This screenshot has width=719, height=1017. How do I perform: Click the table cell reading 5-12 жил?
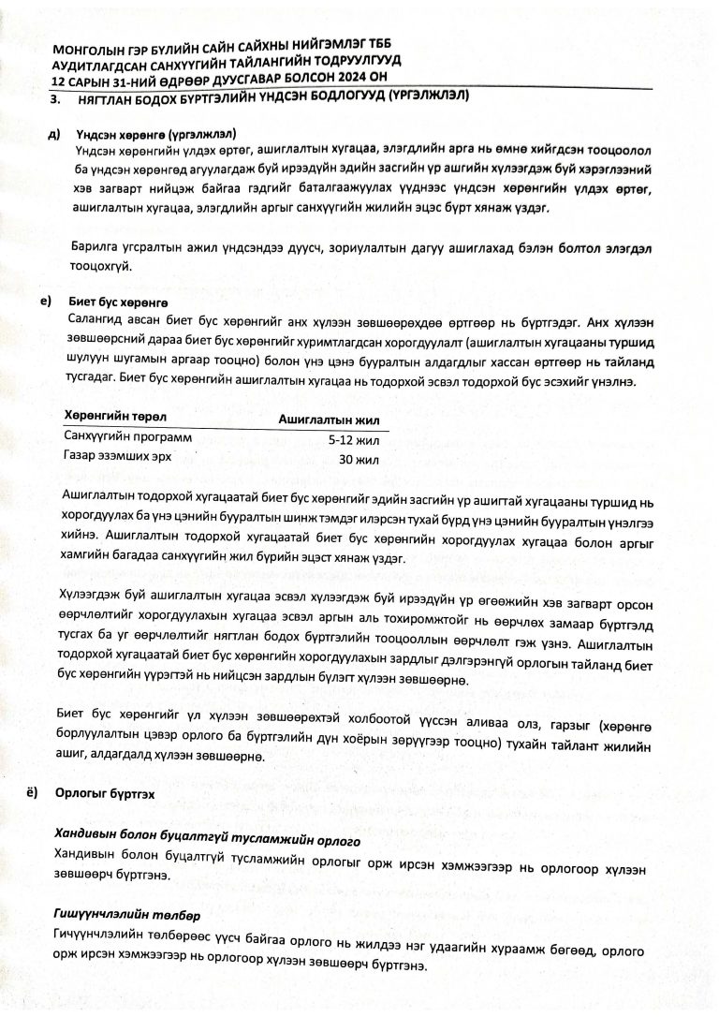click(353, 439)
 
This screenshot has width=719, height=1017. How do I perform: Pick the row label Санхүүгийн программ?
click(126, 436)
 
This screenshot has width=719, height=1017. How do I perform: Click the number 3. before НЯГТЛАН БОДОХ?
click(55, 97)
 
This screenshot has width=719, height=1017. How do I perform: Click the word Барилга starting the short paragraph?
click(97, 247)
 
